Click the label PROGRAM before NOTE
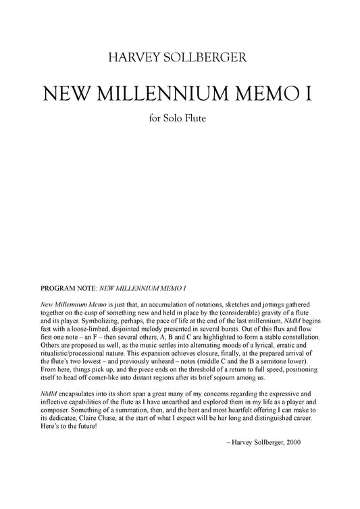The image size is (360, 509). [61, 288]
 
